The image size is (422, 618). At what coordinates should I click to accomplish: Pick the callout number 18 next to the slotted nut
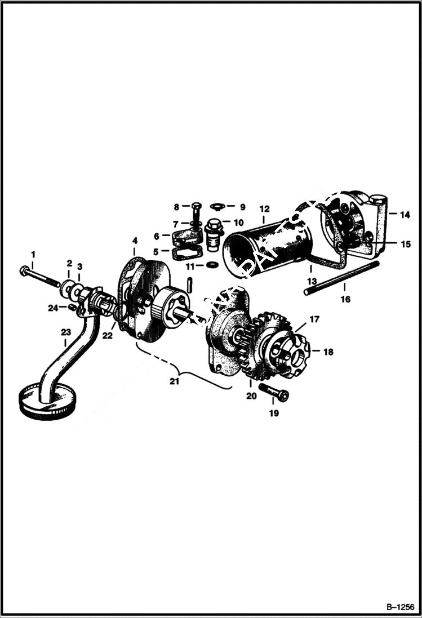(x=328, y=352)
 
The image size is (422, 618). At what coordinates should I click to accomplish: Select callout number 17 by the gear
(x=313, y=319)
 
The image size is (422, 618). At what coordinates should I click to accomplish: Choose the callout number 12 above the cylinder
(x=265, y=208)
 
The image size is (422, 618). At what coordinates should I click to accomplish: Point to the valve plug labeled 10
(x=214, y=232)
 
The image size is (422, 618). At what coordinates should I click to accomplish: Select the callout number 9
(x=242, y=206)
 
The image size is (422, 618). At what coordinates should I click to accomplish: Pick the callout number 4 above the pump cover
(x=135, y=241)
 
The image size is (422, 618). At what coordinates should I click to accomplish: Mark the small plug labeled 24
(x=72, y=308)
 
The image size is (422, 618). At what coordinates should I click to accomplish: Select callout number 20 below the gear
(x=251, y=396)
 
